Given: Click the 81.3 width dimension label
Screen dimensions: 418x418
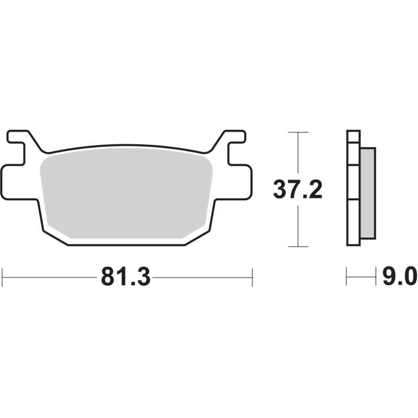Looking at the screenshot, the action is click(x=125, y=277).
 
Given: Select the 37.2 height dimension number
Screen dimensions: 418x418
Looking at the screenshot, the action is click(x=298, y=190).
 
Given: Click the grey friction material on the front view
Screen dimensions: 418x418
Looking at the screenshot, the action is click(x=126, y=193).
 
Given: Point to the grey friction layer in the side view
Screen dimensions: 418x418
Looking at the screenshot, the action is click(x=368, y=193).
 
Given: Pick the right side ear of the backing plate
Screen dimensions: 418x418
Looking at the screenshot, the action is click(x=240, y=182).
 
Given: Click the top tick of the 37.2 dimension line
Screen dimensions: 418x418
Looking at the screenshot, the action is click(x=298, y=132).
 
